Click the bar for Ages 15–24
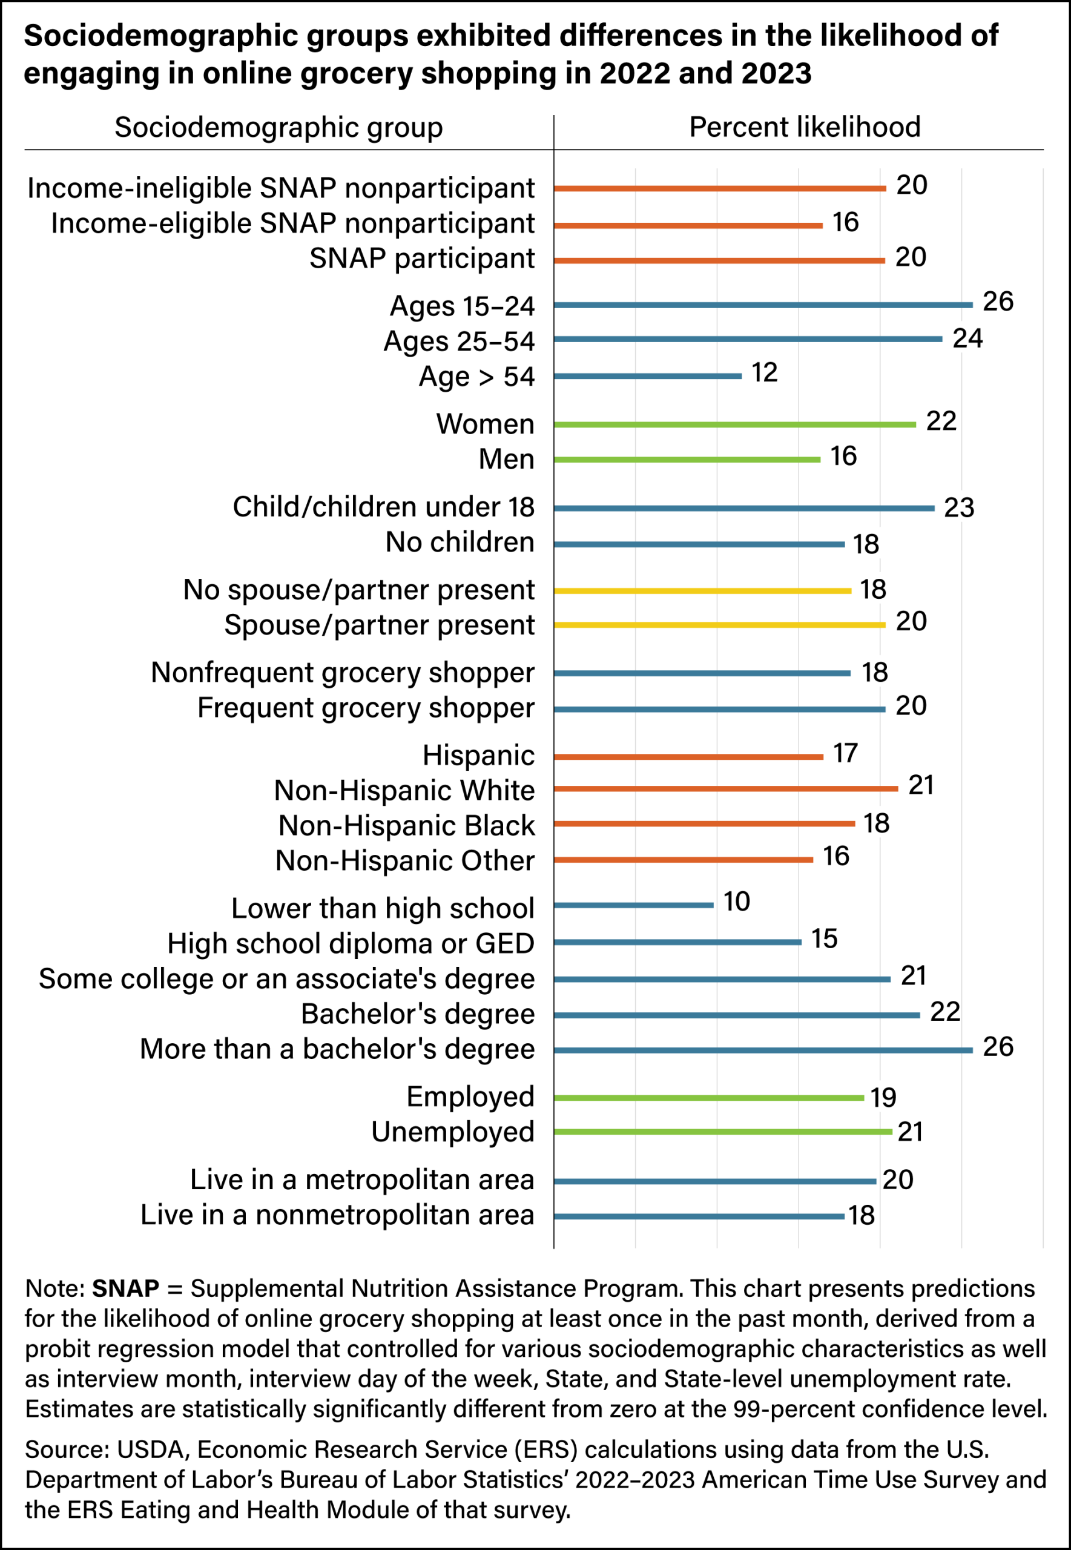763,305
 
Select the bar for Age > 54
648,376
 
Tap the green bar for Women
735,424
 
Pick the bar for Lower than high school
633,905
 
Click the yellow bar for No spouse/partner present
702,590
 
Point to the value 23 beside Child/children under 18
959,508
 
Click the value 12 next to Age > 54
764,372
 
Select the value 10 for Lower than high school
736,901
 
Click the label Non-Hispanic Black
407,825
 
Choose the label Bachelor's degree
417,1014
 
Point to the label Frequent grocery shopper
366,708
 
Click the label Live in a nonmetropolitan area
338,1215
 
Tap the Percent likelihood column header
805,127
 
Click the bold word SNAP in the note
125,1288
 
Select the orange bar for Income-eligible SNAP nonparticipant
688,225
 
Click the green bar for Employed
708,1098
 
